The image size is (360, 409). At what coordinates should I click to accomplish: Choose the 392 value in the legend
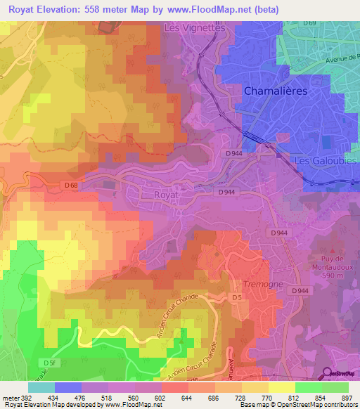[20, 397]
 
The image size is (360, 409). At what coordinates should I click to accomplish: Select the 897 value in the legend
[348, 397]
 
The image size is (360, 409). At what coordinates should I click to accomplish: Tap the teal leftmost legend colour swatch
[41, 387]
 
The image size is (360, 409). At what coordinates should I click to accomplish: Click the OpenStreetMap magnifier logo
[328, 375]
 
